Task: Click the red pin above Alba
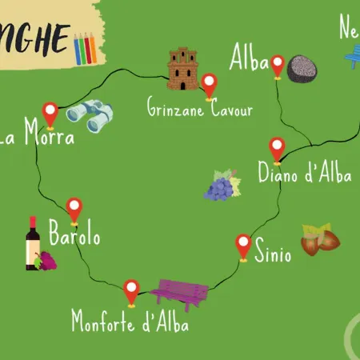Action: click(278, 66)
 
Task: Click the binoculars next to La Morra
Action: click(88, 115)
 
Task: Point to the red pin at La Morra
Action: click(50, 114)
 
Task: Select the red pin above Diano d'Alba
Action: click(277, 149)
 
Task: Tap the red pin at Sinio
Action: click(244, 245)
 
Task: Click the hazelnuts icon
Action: click(320, 238)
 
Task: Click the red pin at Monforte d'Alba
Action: click(132, 290)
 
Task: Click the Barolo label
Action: click(74, 237)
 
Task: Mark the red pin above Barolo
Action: click(74, 209)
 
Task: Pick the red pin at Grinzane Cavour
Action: click(210, 85)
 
